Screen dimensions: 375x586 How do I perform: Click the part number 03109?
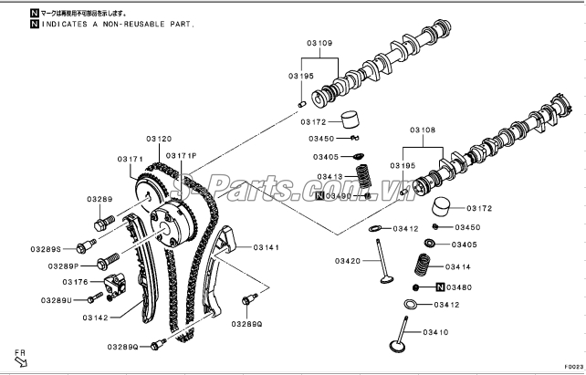point(319,43)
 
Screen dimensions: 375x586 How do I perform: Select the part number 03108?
point(422,131)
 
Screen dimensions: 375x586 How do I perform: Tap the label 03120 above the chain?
point(158,139)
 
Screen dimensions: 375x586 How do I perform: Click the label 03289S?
point(45,248)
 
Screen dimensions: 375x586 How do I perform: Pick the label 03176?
point(75,282)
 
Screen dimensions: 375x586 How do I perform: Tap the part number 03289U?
point(56,300)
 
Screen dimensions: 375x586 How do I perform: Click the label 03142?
point(95,318)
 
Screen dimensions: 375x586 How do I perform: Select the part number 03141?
point(267,247)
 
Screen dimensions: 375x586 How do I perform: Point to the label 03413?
point(330,176)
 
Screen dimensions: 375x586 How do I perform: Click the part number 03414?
point(458,267)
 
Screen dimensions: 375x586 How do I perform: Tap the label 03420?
point(348,261)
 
